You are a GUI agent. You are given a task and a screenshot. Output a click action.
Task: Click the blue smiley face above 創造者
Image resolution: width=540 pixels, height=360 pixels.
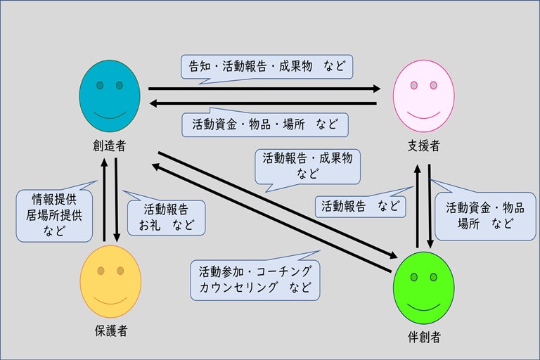[110, 96]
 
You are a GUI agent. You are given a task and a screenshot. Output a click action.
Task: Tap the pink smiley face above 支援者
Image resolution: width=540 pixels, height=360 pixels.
[423, 96]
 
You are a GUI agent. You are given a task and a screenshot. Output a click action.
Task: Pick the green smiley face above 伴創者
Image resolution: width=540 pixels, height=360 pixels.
[424, 288]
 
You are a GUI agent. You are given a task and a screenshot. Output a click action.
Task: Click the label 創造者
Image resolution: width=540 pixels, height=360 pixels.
[109, 146]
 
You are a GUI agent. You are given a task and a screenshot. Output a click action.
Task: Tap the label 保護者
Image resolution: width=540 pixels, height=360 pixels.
[111, 330]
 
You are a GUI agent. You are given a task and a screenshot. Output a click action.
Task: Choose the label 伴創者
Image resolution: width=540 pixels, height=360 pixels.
[424, 337]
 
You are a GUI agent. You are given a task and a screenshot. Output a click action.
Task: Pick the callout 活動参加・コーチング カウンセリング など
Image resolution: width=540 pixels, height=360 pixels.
[255, 278]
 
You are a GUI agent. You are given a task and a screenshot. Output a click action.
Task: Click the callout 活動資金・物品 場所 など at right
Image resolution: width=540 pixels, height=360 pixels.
[485, 216]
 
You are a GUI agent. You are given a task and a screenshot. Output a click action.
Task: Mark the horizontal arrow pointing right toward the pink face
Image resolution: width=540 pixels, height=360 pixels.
[264, 89]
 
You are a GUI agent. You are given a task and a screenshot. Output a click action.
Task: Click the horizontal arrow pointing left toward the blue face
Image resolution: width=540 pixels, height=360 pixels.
[264, 104]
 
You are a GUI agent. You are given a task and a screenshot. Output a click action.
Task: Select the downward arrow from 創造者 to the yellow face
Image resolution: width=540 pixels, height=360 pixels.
[116, 200]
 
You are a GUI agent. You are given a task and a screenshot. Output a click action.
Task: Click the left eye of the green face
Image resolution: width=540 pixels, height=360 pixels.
[414, 276]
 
